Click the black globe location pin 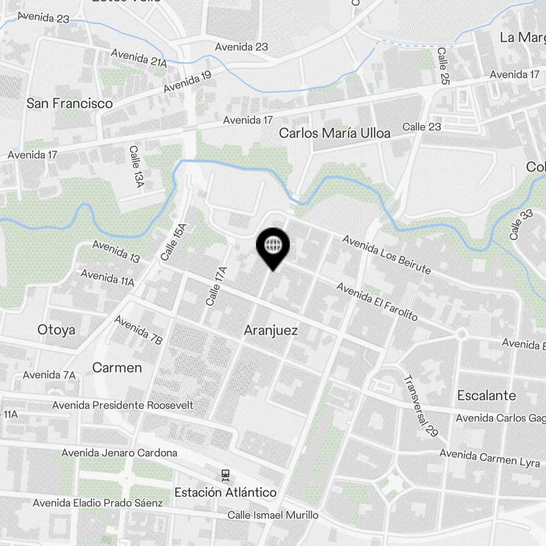click(272, 245)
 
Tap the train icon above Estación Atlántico click(225, 475)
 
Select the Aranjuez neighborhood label click(271, 330)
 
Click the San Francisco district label click(70, 103)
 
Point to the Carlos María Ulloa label click(335, 133)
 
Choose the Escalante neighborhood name click(486, 395)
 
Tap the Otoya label click(56, 329)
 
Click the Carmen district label click(117, 367)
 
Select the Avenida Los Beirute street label click(387, 254)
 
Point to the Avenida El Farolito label click(377, 301)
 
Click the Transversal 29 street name click(420, 405)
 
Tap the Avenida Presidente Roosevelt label click(123, 405)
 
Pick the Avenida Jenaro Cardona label click(119, 453)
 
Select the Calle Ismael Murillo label click(273, 515)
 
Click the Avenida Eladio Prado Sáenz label click(98, 502)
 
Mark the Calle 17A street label click(216, 286)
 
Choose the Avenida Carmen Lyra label click(490, 458)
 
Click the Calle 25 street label click(443, 66)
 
